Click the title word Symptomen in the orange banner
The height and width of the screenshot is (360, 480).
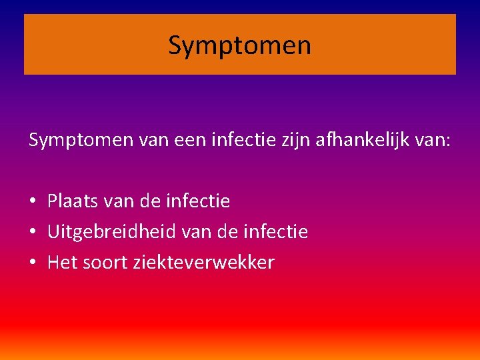tap(239, 45)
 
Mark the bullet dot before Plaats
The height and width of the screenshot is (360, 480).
tap(33, 201)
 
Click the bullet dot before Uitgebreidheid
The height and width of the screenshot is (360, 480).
tap(33, 232)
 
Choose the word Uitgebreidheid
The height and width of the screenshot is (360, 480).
tap(110, 232)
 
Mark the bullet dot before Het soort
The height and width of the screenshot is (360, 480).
tap(33, 263)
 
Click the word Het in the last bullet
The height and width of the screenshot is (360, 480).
tap(62, 263)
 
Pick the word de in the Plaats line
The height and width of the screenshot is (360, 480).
tap(151, 201)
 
